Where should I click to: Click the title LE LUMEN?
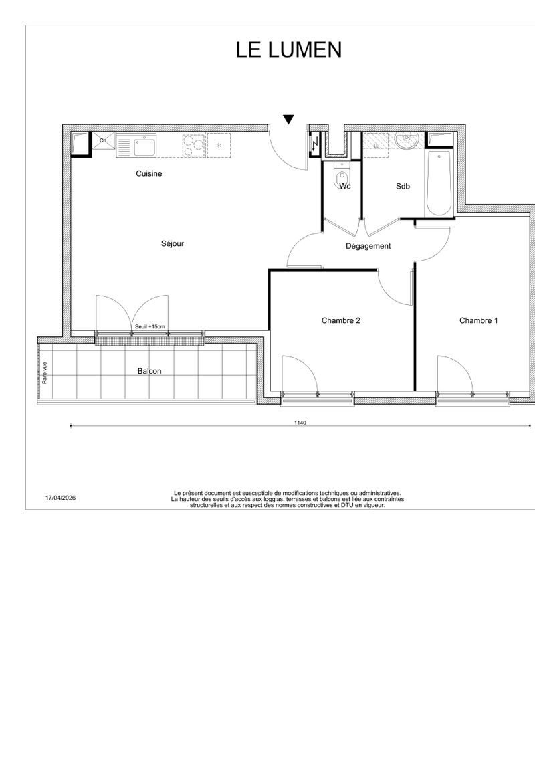pyautogui.click(x=289, y=49)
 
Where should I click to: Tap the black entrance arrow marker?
pyautogui.click(x=288, y=120)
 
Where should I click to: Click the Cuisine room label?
pyautogui.click(x=148, y=173)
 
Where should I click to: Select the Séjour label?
pyautogui.click(x=173, y=244)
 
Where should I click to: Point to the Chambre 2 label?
pyautogui.click(x=341, y=320)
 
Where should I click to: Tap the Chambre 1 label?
pyautogui.click(x=479, y=320)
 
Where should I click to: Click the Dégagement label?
pyautogui.click(x=368, y=246)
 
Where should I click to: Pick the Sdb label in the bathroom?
pyautogui.click(x=403, y=186)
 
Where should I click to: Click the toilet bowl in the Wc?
pyautogui.click(x=342, y=178)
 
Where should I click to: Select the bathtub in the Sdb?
pyautogui.click(x=439, y=184)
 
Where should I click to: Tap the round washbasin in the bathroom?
pyautogui.click(x=406, y=141)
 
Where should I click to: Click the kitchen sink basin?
pyautogui.click(x=144, y=146)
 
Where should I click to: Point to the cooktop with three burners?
pyautogui.click(x=194, y=145)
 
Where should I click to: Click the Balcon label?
pyautogui.click(x=149, y=371)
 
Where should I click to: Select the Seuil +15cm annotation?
pyautogui.click(x=150, y=327)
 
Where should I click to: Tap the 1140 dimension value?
pyautogui.click(x=300, y=423)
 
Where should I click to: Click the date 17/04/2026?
pyautogui.click(x=60, y=498)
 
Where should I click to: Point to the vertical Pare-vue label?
pyautogui.click(x=45, y=372)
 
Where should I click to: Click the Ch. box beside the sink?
pyautogui.click(x=104, y=141)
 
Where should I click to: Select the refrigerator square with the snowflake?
pyautogui.click(x=219, y=145)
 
